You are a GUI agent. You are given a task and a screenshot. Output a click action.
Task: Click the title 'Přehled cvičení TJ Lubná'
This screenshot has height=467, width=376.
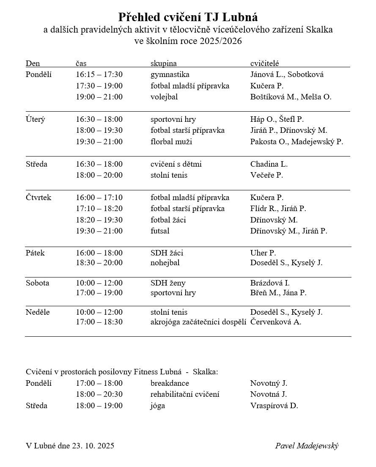188,17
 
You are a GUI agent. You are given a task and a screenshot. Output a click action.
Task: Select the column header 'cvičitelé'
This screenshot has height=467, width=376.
264,63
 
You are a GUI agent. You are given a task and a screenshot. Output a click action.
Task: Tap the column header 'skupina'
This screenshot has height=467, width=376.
163,63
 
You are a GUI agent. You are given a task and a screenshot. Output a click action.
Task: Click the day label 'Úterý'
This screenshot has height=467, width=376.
35,119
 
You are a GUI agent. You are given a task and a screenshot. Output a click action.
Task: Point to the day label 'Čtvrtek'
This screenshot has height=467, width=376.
38,198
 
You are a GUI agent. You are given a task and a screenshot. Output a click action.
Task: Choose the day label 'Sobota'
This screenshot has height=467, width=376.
37,283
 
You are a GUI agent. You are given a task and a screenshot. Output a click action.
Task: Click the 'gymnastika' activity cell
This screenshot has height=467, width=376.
170,74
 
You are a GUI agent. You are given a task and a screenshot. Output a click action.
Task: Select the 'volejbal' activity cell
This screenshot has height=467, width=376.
164,97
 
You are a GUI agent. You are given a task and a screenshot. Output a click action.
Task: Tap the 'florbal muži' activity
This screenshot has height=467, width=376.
171,142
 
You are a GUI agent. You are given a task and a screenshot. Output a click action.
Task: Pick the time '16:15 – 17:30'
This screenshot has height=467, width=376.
99,74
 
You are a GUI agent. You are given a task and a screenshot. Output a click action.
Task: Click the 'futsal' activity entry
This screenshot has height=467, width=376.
160,231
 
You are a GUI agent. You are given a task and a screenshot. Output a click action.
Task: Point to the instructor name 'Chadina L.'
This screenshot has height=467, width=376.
269,164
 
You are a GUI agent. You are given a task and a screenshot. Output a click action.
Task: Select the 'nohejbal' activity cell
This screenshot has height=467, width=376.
165,263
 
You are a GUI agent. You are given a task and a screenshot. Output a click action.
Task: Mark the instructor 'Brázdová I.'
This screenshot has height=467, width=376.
270,283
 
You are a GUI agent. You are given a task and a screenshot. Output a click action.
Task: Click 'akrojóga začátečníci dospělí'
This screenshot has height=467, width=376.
198,322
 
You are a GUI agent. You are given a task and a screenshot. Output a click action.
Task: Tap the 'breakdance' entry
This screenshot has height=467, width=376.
170,383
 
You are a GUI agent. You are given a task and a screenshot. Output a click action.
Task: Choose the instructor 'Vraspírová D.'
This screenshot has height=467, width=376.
274,406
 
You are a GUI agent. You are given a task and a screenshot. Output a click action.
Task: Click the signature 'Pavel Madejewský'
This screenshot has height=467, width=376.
307,446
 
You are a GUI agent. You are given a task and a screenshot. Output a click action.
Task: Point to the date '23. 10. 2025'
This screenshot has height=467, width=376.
93,446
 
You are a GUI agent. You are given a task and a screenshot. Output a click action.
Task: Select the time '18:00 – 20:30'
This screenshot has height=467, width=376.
99,394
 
